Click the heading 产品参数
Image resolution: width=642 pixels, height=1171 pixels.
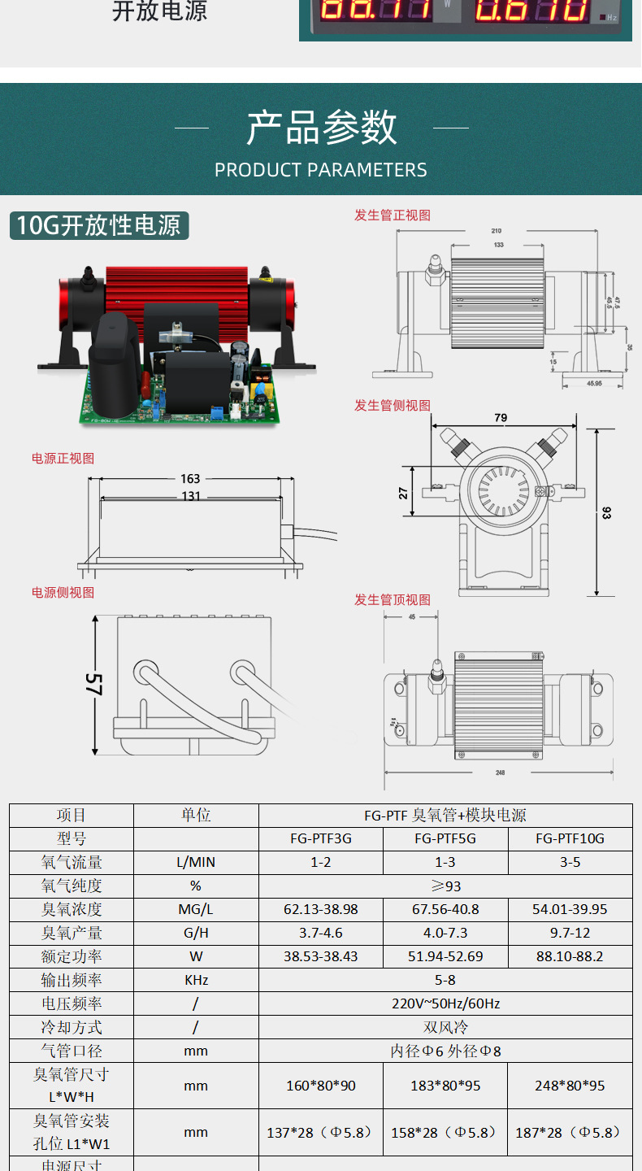321,128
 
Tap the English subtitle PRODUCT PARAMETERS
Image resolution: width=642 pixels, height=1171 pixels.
321,170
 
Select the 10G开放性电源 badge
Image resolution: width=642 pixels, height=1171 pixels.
99,225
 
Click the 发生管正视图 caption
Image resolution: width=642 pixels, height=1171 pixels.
393,215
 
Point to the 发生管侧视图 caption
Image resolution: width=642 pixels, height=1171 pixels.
393,406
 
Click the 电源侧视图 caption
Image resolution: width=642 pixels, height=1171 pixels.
63,593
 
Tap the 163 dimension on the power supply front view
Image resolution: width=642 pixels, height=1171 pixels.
190,479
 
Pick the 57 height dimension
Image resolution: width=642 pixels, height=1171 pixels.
94,684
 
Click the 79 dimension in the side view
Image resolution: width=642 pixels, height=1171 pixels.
501,418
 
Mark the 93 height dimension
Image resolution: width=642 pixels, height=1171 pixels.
606,512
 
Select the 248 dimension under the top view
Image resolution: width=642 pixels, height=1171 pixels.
500,773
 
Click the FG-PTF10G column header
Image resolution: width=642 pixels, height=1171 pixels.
570,839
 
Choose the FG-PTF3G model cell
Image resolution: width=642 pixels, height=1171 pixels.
321,839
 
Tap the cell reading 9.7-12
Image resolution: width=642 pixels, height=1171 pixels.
570,934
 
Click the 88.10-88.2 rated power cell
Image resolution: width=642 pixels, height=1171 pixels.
570,957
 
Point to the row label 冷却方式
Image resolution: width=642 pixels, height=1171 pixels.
72,1028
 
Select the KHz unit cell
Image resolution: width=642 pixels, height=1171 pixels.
196,981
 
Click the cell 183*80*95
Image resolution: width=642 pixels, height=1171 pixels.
445,1086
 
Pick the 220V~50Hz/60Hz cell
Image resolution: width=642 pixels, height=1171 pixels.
445,1004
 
